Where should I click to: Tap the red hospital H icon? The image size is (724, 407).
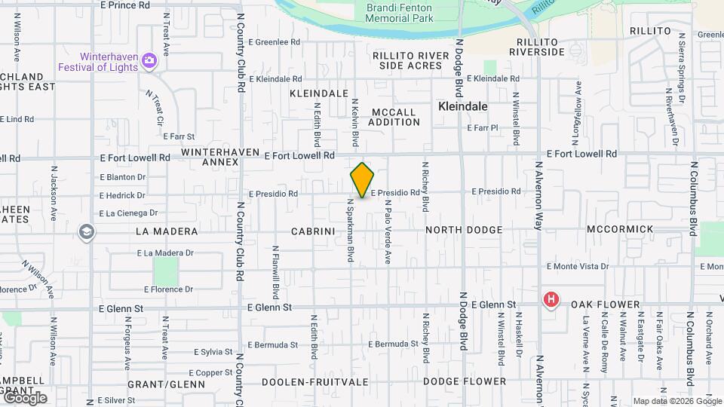click(x=551, y=300)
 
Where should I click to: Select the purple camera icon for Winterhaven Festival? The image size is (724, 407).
click(x=149, y=60)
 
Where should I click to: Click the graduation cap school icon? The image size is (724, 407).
click(x=86, y=231)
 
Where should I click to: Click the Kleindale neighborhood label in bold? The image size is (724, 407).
click(x=463, y=107)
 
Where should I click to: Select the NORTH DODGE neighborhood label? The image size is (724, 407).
click(x=464, y=229)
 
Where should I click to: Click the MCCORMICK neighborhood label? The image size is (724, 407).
click(x=619, y=228)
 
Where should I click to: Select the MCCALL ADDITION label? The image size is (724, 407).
click(x=394, y=117)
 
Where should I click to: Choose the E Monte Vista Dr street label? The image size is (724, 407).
click(x=577, y=266)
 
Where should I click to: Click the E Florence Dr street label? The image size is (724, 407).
click(x=169, y=289)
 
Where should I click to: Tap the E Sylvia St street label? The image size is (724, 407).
click(x=212, y=352)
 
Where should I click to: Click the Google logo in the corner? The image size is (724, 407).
click(x=25, y=398)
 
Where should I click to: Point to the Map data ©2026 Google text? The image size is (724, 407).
click(x=676, y=401)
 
